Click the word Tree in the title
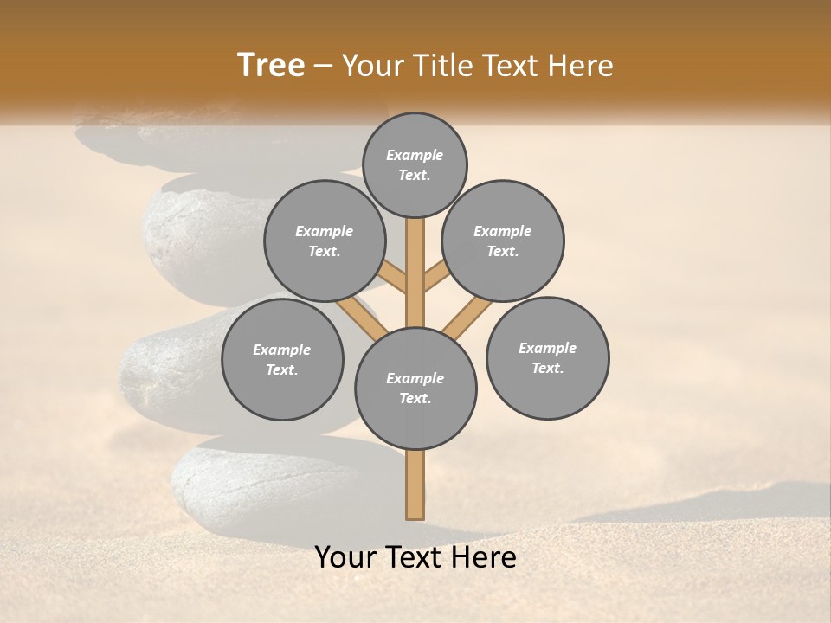[x=271, y=66]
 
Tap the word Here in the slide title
[x=582, y=66]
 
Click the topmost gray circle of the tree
[x=415, y=164]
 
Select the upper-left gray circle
[x=325, y=241]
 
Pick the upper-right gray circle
[x=503, y=241]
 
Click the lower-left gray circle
[x=282, y=360]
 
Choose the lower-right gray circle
[x=547, y=358]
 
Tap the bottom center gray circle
[x=415, y=389]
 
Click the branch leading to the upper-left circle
[x=391, y=277]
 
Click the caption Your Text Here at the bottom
[x=415, y=557]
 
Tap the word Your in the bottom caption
[x=345, y=557]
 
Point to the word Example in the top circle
[x=415, y=155]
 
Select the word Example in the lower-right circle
[x=547, y=348]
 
